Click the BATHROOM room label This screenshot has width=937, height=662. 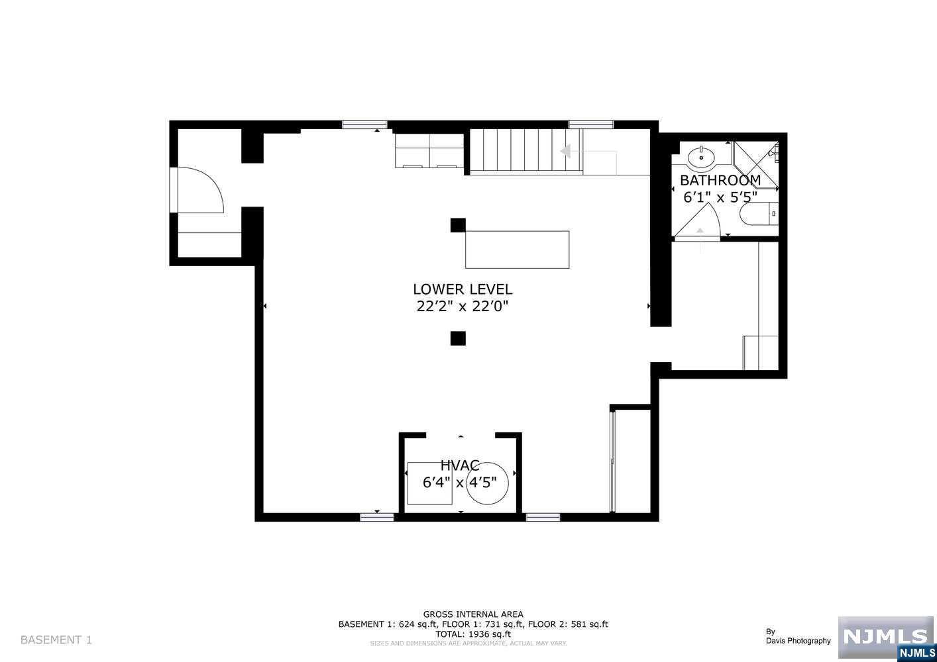pyautogui.click(x=720, y=180)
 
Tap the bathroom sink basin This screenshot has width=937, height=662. pyautogui.click(x=700, y=158)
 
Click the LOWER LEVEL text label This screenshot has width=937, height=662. pyautogui.click(x=462, y=289)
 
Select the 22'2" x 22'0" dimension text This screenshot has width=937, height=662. pyautogui.click(x=462, y=307)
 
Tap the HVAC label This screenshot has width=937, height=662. pyautogui.click(x=459, y=466)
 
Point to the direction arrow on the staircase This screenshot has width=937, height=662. pyautogui.click(x=567, y=152)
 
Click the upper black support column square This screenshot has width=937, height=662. pyautogui.click(x=458, y=225)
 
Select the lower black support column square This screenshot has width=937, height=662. pyautogui.click(x=458, y=338)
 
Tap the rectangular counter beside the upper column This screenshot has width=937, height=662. pyautogui.click(x=517, y=250)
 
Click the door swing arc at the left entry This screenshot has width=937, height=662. pyautogui.click(x=199, y=190)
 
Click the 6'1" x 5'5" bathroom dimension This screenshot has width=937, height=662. pyautogui.click(x=720, y=197)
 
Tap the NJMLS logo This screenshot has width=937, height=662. pyautogui.click(x=885, y=638)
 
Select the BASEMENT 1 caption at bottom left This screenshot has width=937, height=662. pyautogui.click(x=56, y=639)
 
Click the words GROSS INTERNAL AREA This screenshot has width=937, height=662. pyautogui.click(x=473, y=614)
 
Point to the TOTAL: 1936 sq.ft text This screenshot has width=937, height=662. pyautogui.click(x=473, y=634)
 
